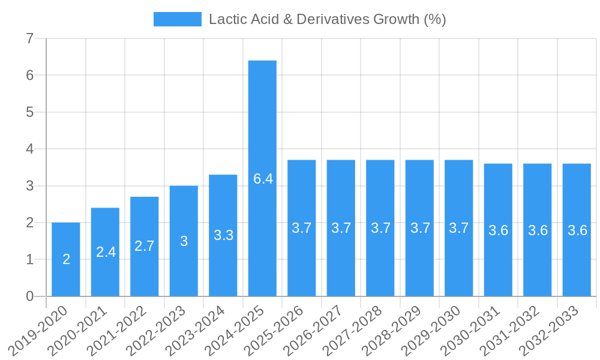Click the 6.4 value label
click(x=263, y=179)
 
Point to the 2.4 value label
click(x=106, y=252)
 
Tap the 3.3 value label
click(x=223, y=235)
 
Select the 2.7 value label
click(x=145, y=246)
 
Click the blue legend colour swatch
click(x=177, y=19)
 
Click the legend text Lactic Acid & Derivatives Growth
click(x=327, y=19)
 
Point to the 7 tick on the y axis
click(x=29, y=39)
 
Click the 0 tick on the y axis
click(x=29, y=296)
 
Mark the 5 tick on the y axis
click(x=29, y=112)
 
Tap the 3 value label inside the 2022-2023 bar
click(x=184, y=241)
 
